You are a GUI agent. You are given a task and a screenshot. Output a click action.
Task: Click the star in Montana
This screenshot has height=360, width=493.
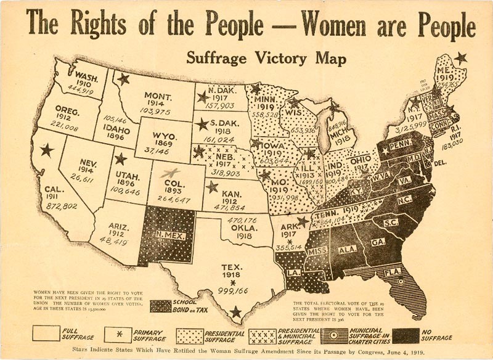click(124, 79)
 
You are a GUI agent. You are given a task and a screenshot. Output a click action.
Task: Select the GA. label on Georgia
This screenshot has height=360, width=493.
click(378, 242)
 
